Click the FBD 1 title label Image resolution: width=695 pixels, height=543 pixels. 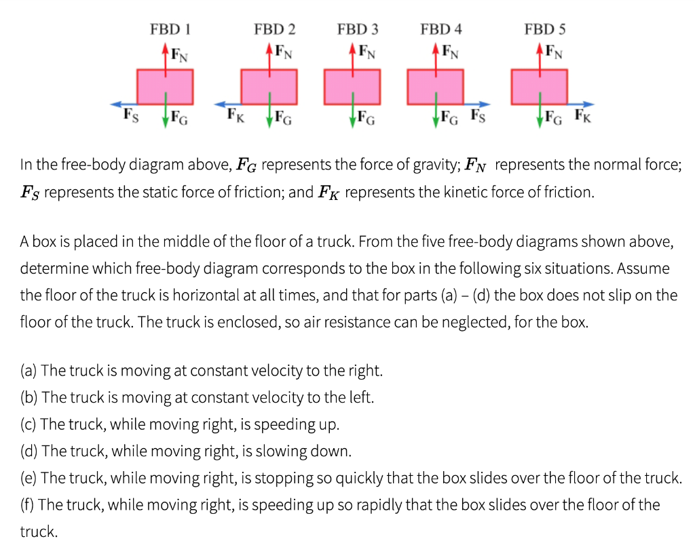(x=169, y=29)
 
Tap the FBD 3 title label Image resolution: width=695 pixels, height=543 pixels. (x=358, y=29)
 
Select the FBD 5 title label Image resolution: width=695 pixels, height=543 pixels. (x=545, y=29)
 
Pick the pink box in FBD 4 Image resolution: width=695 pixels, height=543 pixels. (x=435, y=85)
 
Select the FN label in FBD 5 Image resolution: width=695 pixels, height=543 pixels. (x=554, y=52)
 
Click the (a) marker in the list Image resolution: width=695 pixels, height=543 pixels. (x=29, y=371)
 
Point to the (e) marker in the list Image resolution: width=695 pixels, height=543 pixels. (x=29, y=478)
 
